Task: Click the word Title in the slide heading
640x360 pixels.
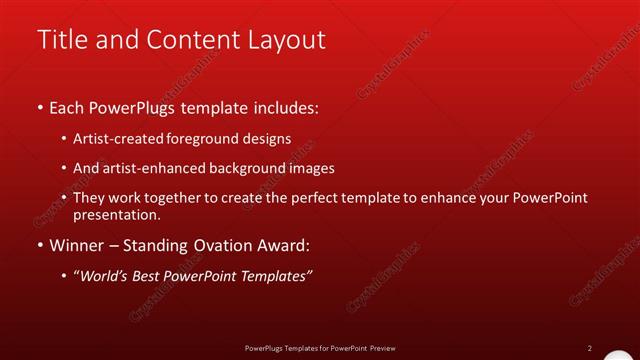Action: pos(61,39)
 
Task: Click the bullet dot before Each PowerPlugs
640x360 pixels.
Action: pos(40,107)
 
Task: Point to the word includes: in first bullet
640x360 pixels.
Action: pos(288,107)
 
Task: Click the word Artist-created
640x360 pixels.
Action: pos(114,139)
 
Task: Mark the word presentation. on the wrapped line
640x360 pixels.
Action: pos(117,214)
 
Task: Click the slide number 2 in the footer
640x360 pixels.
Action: pos(589,348)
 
